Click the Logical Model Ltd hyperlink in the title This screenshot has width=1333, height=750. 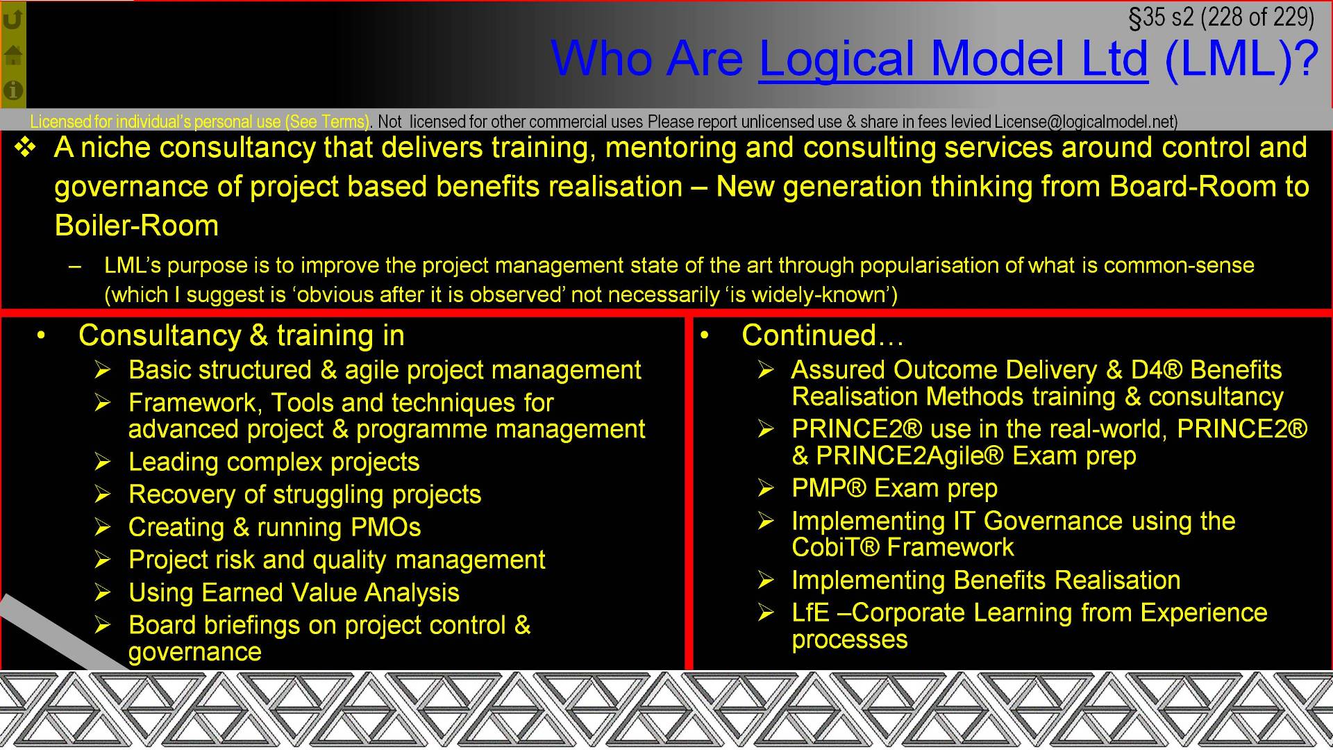[953, 59]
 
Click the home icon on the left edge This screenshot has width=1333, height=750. [13, 56]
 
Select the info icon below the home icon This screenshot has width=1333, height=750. [13, 90]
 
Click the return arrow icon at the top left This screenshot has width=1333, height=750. [13, 19]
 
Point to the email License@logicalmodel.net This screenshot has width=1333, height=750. [1085, 122]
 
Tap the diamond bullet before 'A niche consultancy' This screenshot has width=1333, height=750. [26, 147]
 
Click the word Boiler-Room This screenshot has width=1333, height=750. [137, 226]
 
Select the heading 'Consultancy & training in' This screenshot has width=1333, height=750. [241, 335]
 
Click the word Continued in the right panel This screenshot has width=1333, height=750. [809, 335]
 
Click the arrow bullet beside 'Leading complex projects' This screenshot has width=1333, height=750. [103, 462]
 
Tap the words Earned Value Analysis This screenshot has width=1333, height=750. [330, 593]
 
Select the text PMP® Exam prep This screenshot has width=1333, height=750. [894, 489]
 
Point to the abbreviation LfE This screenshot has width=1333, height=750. [810, 613]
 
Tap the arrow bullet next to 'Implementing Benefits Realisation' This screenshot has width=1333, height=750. [766, 580]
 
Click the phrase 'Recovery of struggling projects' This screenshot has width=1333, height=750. [305, 494]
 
